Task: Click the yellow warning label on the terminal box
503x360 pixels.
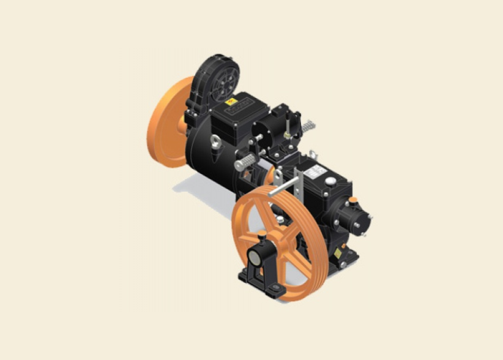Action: [x=231, y=102]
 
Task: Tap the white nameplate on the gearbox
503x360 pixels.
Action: [x=316, y=172]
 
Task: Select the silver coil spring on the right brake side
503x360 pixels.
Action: [x=308, y=126]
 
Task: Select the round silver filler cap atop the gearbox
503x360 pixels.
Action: [x=331, y=181]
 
